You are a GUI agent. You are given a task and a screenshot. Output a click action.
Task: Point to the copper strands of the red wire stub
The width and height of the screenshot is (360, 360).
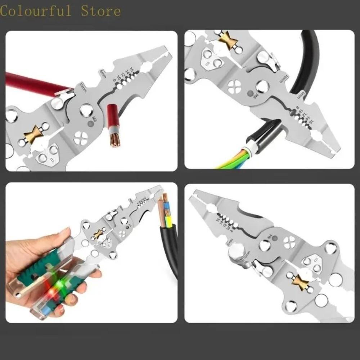[x=116, y=140]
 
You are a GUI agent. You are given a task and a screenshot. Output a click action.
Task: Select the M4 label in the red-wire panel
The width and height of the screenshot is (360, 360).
[x=94, y=119]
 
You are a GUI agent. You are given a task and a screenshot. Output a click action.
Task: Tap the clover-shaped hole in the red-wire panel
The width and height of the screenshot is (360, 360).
[x=80, y=138]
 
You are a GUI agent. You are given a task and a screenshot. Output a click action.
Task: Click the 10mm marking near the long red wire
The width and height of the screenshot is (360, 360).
[x=83, y=87]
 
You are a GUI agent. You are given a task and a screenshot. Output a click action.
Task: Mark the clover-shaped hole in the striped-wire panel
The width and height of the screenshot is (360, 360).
[x=234, y=86]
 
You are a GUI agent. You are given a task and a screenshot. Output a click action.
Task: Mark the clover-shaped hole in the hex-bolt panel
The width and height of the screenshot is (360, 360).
[x=289, y=242]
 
